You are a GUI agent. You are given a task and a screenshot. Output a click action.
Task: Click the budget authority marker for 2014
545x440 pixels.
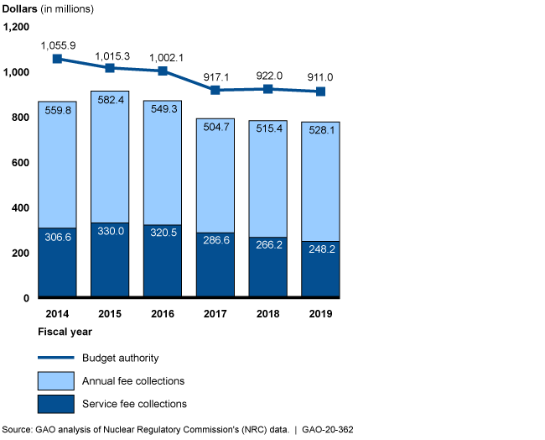(57, 59)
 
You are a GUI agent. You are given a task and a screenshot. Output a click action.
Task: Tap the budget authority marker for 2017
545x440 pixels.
(215, 90)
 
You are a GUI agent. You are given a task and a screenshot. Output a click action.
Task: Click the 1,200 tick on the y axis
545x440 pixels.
(17, 28)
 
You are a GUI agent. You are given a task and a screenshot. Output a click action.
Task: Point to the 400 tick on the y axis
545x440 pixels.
(21, 208)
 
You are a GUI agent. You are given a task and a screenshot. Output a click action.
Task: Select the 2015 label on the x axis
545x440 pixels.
(110, 314)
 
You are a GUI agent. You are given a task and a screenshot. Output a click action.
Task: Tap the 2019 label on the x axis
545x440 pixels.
(320, 314)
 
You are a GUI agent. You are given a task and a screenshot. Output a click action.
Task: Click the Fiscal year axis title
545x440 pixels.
(65, 333)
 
